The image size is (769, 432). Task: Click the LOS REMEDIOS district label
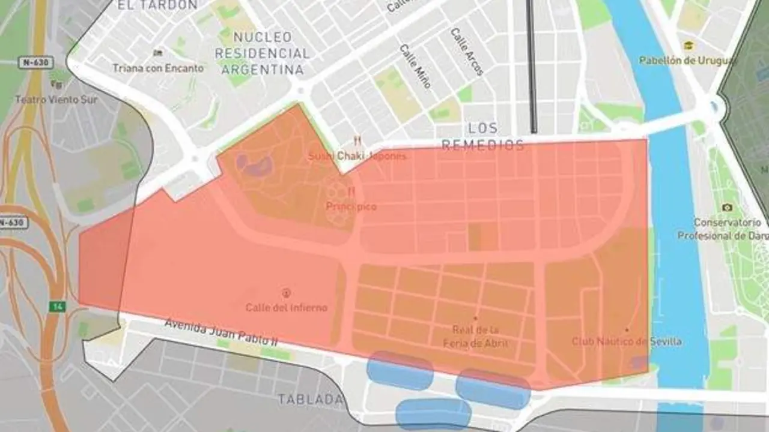click(x=482, y=136)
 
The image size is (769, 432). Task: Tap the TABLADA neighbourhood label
click(x=311, y=399)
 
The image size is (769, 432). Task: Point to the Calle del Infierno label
click(x=287, y=307)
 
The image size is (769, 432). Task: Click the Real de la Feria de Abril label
click(x=475, y=336)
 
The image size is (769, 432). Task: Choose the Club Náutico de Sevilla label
click(x=626, y=341)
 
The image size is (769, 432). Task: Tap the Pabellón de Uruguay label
click(x=687, y=61)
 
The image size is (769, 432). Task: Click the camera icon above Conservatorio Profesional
click(x=728, y=208)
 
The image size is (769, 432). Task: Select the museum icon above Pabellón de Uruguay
click(x=689, y=46)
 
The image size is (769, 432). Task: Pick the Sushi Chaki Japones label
click(x=357, y=156)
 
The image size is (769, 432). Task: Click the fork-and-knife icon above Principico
click(x=351, y=191)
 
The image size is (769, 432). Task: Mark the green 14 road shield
click(x=58, y=307)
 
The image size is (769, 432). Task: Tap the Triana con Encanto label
click(x=158, y=68)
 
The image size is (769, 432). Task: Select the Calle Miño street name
click(x=416, y=66)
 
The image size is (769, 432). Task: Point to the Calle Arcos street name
click(x=467, y=52)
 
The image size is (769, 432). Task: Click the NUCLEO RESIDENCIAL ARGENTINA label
click(x=262, y=53)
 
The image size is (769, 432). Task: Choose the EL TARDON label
click(x=157, y=5)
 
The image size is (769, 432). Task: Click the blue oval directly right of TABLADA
click(x=400, y=371)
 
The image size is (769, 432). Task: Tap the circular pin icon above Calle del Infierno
click(x=286, y=293)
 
